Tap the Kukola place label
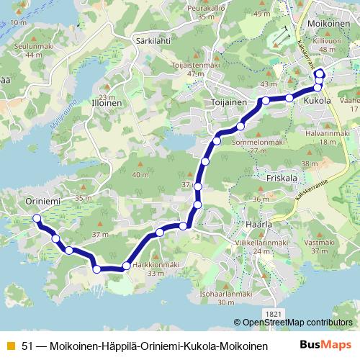pos(317,102)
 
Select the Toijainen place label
pos(229,102)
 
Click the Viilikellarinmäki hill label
pos(262,243)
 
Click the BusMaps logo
pos(325,346)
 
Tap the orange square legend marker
pos(10,346)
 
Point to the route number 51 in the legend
pos(27,346)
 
